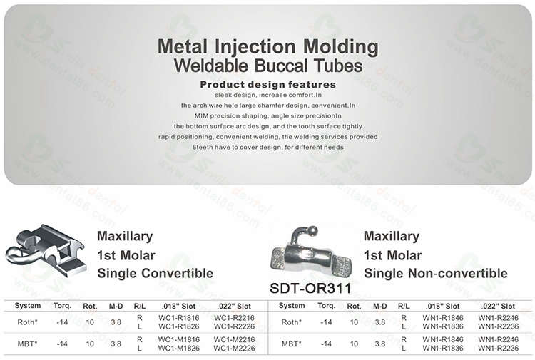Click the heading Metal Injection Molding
click(267, 48)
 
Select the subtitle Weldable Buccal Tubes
click(267, 66)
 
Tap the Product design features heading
click(267, 84)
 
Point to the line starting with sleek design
click(267, 94)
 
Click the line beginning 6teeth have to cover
click(267, 147)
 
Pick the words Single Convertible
click(155, 273)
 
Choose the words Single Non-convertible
click(436, 273)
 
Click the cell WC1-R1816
click(178, 317)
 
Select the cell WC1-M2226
click(233, 348)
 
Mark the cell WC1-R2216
click(233, 317)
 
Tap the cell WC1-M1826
click(178, 348)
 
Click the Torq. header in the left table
click(62, 305)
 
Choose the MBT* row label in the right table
click(290, 344)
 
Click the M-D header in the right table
click(380, 305)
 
